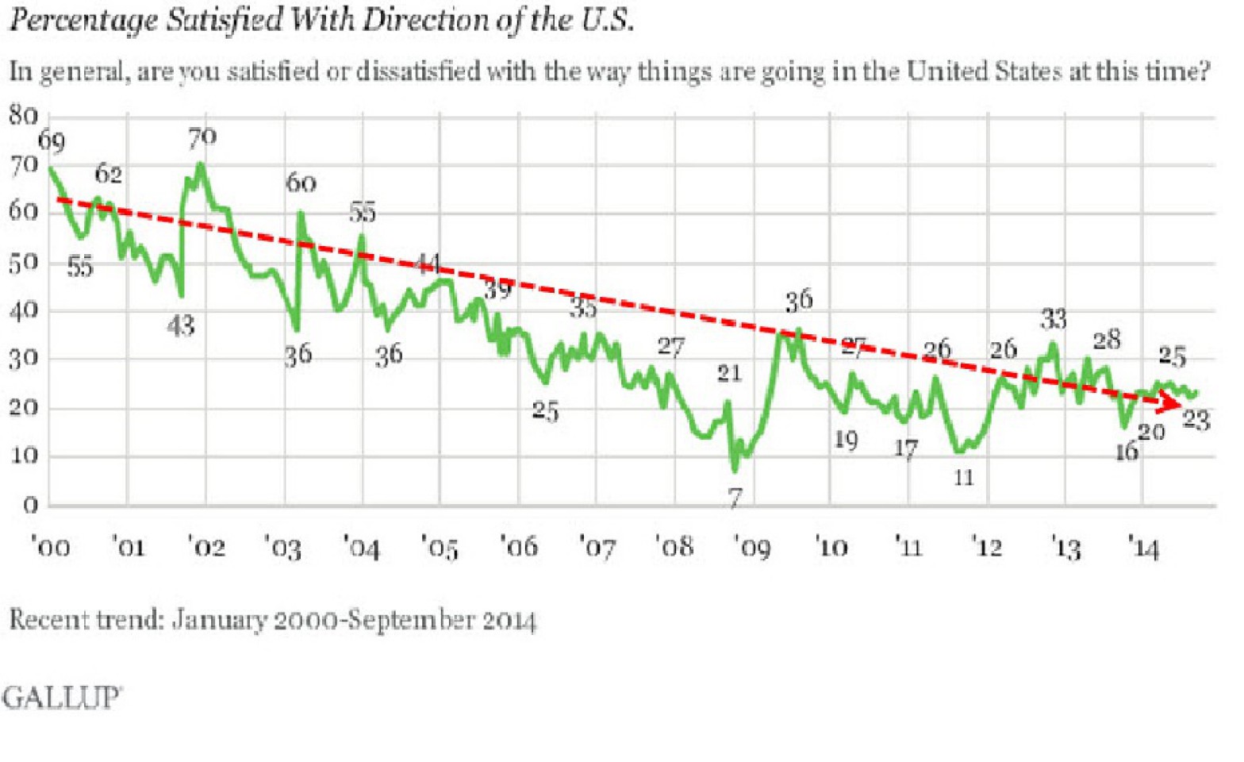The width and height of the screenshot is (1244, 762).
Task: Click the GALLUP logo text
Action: pyautogui.click(x=61, y=698)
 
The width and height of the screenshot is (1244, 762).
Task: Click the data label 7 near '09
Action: pyautogui.click(x=735, y=498)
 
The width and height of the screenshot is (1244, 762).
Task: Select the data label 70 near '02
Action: pyautogui.click(x=202, y=138)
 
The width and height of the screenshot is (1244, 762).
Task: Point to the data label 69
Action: pyautogui.click(x=52, y=141)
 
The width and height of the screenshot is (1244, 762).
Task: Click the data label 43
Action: pyautogui.click(x=181, y=325)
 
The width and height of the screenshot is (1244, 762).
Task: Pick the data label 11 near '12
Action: pyautogui.click(x=963, y=477)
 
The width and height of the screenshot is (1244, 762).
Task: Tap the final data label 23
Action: pyautogui.click(x=1196, y=419)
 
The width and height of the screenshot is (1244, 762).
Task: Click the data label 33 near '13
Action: pyautogui.click(x=1054, y=319)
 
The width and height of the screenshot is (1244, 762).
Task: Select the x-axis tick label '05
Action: pyautogui.click(x=440, y=548)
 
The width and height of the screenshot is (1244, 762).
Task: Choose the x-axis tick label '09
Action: pyautogui.click(x=752, y=548)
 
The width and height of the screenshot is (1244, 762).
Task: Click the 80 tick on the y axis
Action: pyautogui.click(x=24, y=116)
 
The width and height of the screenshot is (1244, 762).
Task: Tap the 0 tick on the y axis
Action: pyautogui.click(x=30, y=506)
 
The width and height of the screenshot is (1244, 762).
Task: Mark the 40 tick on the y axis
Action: pyautogui.click(x=24, y=310)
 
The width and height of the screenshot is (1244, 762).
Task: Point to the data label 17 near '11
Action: pyautogui.click(x=906, y=449)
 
